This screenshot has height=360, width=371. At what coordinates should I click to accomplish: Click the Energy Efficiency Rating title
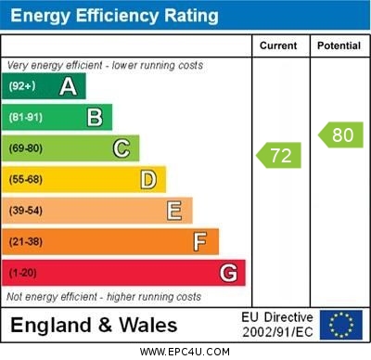click(x=114, y=16)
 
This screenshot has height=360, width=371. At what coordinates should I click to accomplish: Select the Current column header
click(x=278, y=45)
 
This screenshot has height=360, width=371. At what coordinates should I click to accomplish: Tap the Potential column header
click(x=339, y=45)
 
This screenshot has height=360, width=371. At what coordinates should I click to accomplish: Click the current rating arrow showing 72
click(x=280, y=155)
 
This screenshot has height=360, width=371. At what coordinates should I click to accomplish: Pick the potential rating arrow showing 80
click(x=340, y=135)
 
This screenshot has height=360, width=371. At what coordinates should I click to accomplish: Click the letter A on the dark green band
click(x=68, y=86)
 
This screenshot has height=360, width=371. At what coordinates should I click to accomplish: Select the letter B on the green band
click(x=95, y=117)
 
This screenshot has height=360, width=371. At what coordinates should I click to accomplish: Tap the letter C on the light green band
click(x=122, y=148)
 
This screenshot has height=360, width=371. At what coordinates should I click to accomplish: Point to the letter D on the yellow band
click(x=148, y=179)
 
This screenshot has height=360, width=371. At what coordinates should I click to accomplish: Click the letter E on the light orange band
click(x=174, y=211)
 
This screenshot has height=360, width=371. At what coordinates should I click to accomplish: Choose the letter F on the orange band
click(x=200, y=242)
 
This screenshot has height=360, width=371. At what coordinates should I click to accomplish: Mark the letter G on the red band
click(x=228, y=273)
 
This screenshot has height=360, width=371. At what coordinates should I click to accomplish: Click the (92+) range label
click(x=22, y=86)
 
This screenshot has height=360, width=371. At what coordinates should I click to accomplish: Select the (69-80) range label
click(x=26, y=148)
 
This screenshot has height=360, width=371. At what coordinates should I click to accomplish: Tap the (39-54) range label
click(x=26, y=211)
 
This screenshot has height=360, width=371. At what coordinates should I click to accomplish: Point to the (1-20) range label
click(x=23, y=273)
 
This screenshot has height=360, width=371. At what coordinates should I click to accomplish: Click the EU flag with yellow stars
click(x=341, y=325)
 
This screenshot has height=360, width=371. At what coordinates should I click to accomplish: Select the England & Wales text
click(x=94, y=325)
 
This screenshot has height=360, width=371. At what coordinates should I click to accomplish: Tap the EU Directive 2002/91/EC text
click(x=277, y=325)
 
